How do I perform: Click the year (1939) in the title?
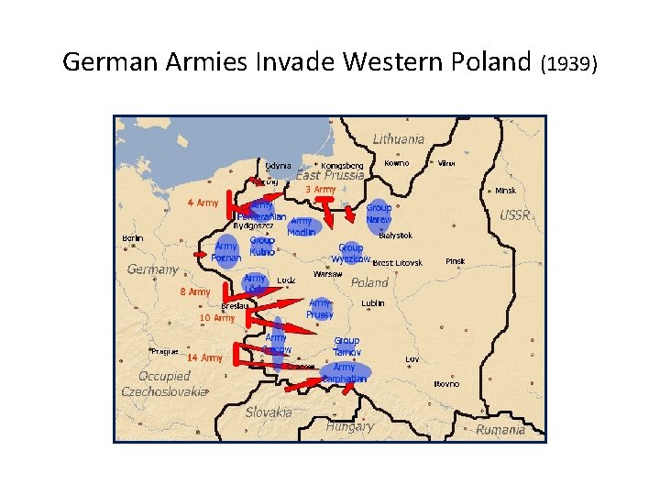[569, 64]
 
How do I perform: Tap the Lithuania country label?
[399, 139]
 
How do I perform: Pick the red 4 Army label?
[203, 203]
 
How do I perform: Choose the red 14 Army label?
[205, 357]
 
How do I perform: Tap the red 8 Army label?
[194, 291]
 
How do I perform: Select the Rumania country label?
[500, 429]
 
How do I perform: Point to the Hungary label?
[350, 426]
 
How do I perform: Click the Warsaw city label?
[328, 274]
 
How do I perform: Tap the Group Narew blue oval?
[379, 214]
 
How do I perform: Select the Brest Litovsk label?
[397, 263]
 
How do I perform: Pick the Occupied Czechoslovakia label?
[165, 383]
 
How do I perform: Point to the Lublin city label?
[372, 302]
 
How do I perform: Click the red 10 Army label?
[217, 318]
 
